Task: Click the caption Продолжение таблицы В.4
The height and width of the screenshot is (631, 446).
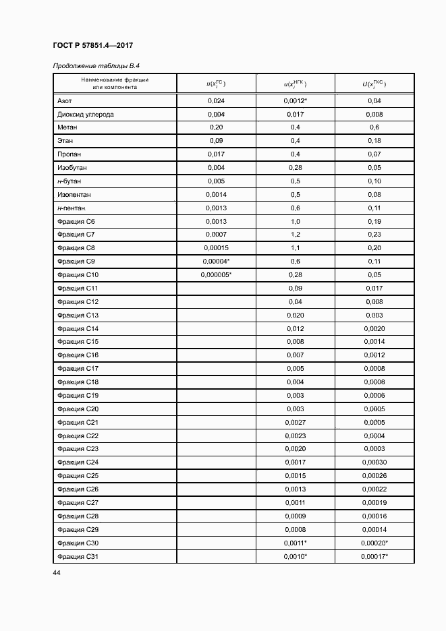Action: [96, 65]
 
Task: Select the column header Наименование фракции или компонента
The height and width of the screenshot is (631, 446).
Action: [115, 84]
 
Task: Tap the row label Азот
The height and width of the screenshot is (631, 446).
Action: [65, 100]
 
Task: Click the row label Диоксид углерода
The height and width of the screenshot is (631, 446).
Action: [85, 114]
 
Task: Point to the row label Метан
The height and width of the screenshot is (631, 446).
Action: [67, 127]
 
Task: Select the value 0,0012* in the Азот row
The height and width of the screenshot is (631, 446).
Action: [296, 100]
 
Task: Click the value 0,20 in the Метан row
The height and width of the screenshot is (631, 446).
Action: [216, 127]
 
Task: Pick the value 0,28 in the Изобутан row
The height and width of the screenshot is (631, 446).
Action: [295, 167]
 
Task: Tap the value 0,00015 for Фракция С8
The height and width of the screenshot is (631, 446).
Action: [216, 247]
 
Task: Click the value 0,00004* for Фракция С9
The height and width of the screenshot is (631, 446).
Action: [216, 261]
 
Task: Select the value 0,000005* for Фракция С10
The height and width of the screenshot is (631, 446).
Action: [216, 274]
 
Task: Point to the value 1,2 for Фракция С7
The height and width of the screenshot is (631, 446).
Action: [295, 234]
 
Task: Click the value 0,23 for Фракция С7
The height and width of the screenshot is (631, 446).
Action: [374, 234]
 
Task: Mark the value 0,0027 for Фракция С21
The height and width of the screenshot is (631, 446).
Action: [295, 421]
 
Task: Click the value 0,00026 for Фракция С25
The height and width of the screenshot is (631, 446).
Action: [374, 475]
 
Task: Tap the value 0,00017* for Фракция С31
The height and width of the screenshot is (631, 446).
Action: [375, 555]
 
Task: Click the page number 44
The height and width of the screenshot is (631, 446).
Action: [56, 572]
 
